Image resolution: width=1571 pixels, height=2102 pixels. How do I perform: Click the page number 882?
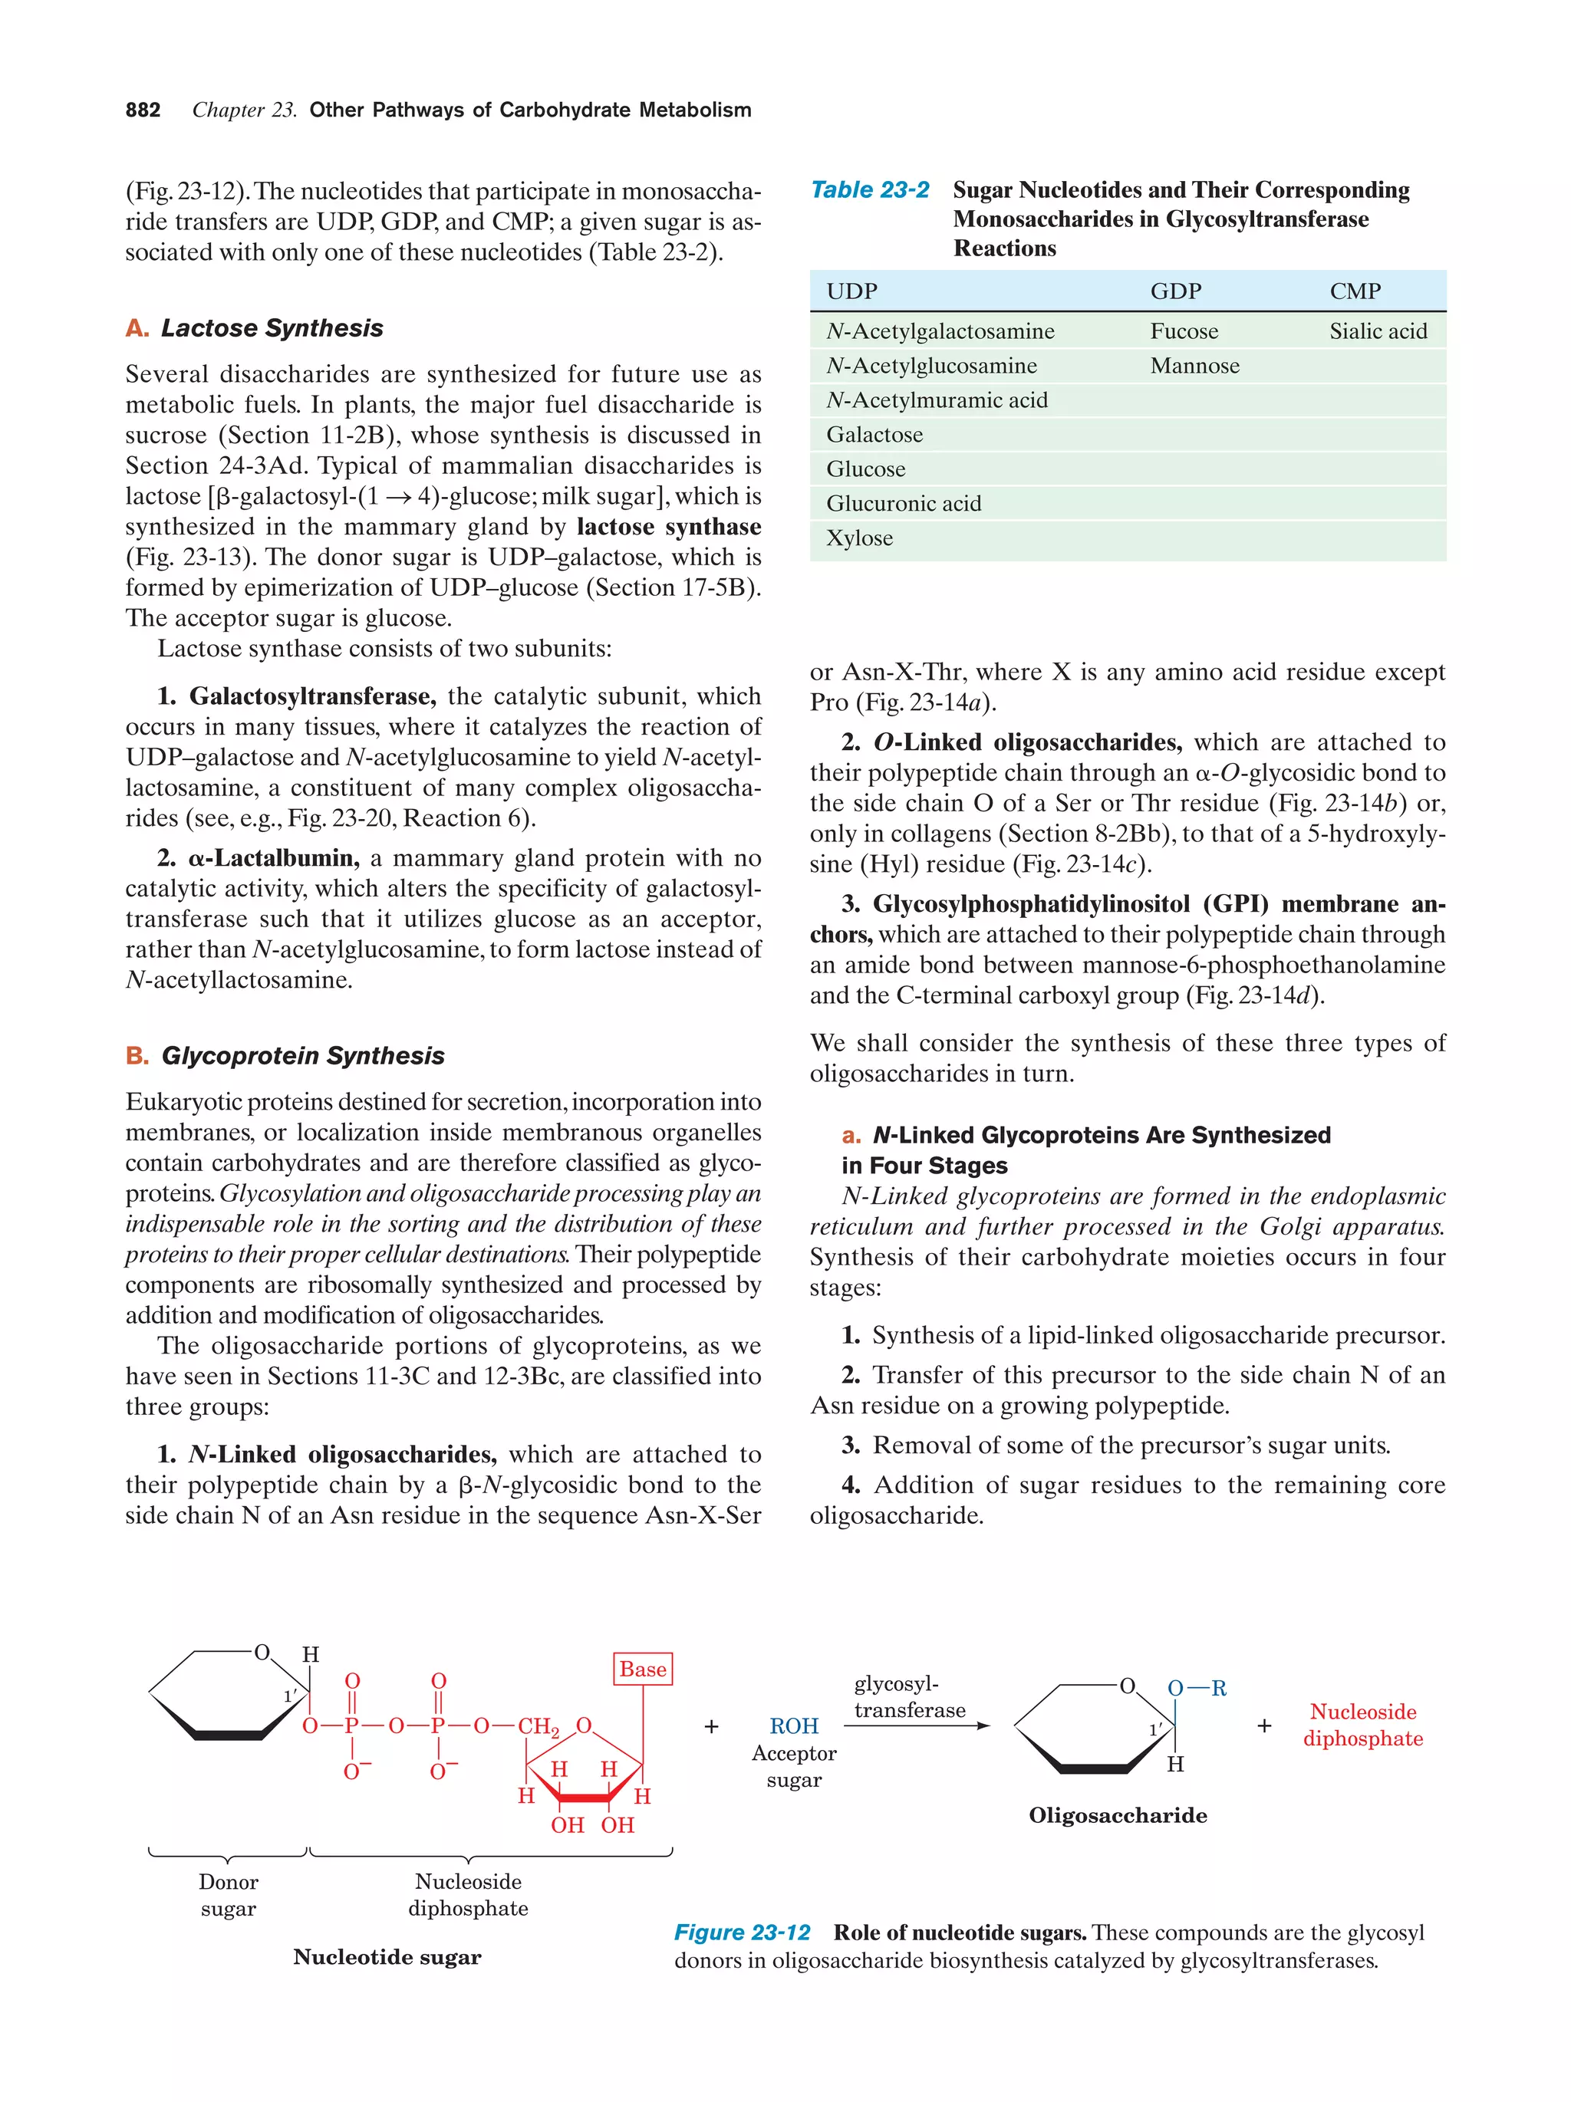(143, 110)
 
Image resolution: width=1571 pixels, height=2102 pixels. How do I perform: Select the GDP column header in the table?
(1176, 291)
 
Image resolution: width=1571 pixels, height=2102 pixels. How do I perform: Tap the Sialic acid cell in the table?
(1377, 331)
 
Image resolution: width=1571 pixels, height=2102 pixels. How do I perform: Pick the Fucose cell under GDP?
(1184, 331)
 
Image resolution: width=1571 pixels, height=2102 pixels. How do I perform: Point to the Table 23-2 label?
(870, 190)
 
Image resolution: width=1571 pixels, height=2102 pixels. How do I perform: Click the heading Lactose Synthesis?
(271, 328)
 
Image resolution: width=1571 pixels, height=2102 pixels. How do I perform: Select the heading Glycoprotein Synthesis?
(302, 1056)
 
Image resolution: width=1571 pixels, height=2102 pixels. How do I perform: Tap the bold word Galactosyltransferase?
(311, 696)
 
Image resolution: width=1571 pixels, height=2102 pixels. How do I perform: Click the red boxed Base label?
(643, 1669)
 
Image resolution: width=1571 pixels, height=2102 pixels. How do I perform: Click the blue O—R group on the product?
(1197, 1689)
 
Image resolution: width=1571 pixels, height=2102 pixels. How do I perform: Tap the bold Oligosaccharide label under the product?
(1118, 1815)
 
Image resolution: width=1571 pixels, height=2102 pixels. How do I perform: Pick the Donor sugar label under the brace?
(228, 1895)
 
